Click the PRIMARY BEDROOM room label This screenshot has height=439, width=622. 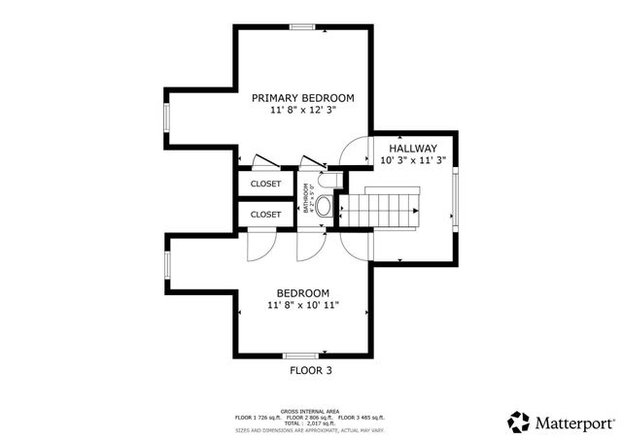[302, 98]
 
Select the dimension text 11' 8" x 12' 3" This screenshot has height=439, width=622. [302, 112]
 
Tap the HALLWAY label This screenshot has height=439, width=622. [414, 148]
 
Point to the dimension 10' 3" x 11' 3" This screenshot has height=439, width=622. [414, 160]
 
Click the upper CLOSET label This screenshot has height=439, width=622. [265, 184]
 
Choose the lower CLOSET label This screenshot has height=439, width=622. [265, 214]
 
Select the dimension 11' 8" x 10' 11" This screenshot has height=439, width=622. [302, 306]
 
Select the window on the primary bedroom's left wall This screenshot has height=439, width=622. [166, 118]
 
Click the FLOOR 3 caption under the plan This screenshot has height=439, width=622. [316, 370]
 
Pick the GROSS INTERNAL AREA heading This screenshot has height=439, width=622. [309, 411]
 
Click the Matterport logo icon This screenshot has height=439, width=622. [518, 422]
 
